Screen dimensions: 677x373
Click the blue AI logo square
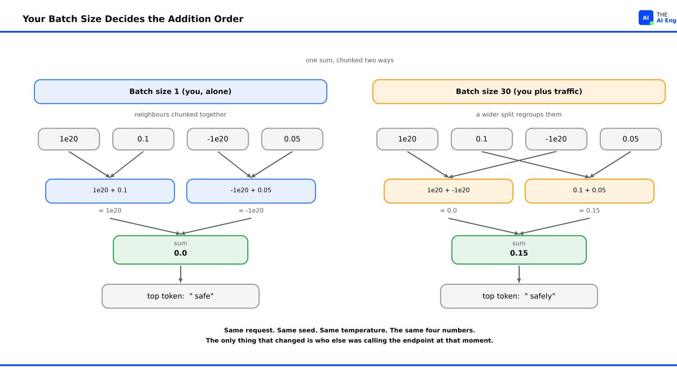pos(645,18)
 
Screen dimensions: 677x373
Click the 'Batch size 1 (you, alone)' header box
pos(181,92)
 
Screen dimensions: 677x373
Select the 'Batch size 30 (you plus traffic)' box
pos(519,92)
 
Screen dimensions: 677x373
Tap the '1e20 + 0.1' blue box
pos(110,191)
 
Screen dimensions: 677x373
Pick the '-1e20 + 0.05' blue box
pos(251,191)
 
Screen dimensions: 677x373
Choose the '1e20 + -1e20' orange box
pos(449,191)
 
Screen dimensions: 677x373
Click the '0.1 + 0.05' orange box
pos(590,191)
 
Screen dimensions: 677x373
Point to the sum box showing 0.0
pos(181,250)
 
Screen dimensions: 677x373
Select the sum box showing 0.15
pos(519,250)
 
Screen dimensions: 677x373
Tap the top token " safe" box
pos(181,296)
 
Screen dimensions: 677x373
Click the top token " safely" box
pos(519,296)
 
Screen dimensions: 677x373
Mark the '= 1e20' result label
pos(110,210)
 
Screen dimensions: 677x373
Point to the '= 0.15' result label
pos(590,210)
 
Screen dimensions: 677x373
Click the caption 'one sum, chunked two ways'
pos(350,60)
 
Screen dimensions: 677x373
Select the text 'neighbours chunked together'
pos(181,114)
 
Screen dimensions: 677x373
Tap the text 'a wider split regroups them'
pos(519,114)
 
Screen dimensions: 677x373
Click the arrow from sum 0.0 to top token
pos(181,274)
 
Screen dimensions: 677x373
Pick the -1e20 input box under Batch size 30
pos(556,139)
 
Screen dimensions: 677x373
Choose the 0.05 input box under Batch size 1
pos(292,139)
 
